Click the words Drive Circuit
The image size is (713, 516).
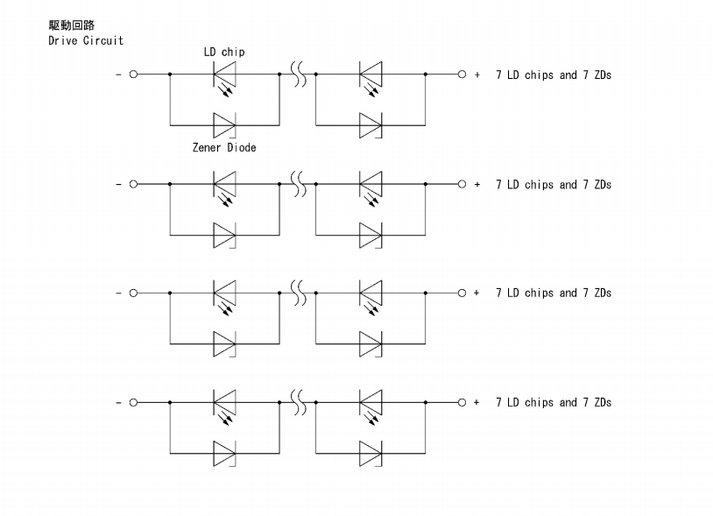[86, 40]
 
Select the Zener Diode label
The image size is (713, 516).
[224, 148]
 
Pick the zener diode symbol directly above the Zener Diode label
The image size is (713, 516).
[224, 124]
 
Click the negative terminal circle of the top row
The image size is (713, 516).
[134, 75]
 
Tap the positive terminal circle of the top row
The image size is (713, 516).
[462, 75]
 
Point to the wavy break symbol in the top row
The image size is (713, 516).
[298, 75]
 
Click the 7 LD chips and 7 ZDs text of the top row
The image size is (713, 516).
[553, 75]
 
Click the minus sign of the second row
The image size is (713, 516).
[118, 185]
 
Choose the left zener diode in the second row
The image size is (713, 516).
[224, 234]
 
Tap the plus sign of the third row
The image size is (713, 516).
[477, 293]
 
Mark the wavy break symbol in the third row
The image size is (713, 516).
[298, 293]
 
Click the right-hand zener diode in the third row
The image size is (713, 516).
[371, 343]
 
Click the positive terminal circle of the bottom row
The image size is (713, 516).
[462, 403]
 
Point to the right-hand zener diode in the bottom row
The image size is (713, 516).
[371, 453]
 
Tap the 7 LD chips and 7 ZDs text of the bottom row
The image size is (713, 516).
[553, 403]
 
